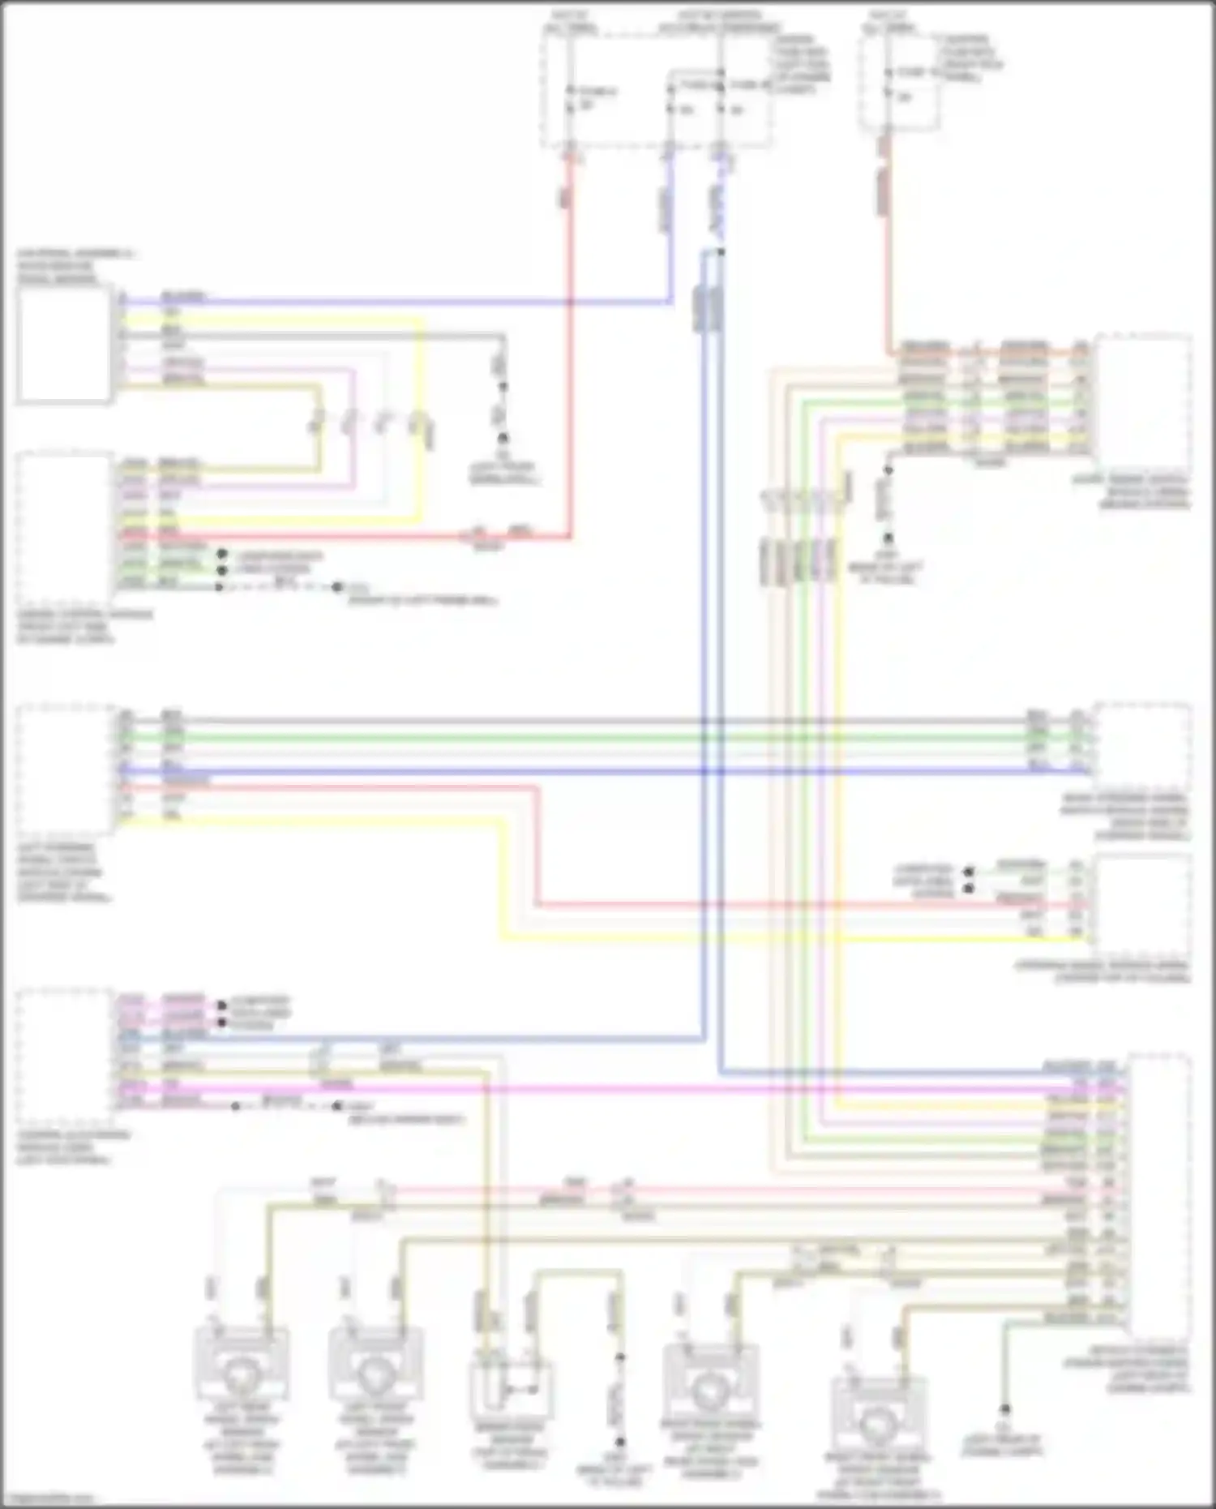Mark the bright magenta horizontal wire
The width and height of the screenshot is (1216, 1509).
649,1087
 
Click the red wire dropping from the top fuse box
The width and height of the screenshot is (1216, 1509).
571,324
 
